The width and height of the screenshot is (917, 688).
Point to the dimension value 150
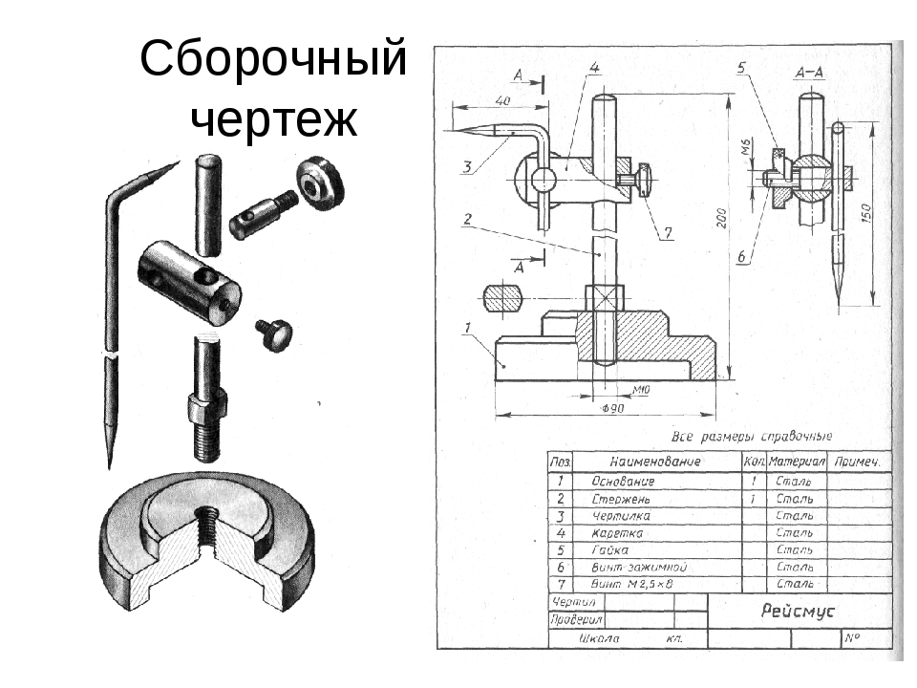pyautogui.click(x=867, y=212)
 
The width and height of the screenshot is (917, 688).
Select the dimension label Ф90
pyautogui.click(x=614, y=408)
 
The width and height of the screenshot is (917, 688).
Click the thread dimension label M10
pyautogui.click(x=641, y=390)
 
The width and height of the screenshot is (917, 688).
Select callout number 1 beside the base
pyautogui.click(x=468, y=330)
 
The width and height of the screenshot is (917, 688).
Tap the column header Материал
pyautogui.click(x=797, y=462)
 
